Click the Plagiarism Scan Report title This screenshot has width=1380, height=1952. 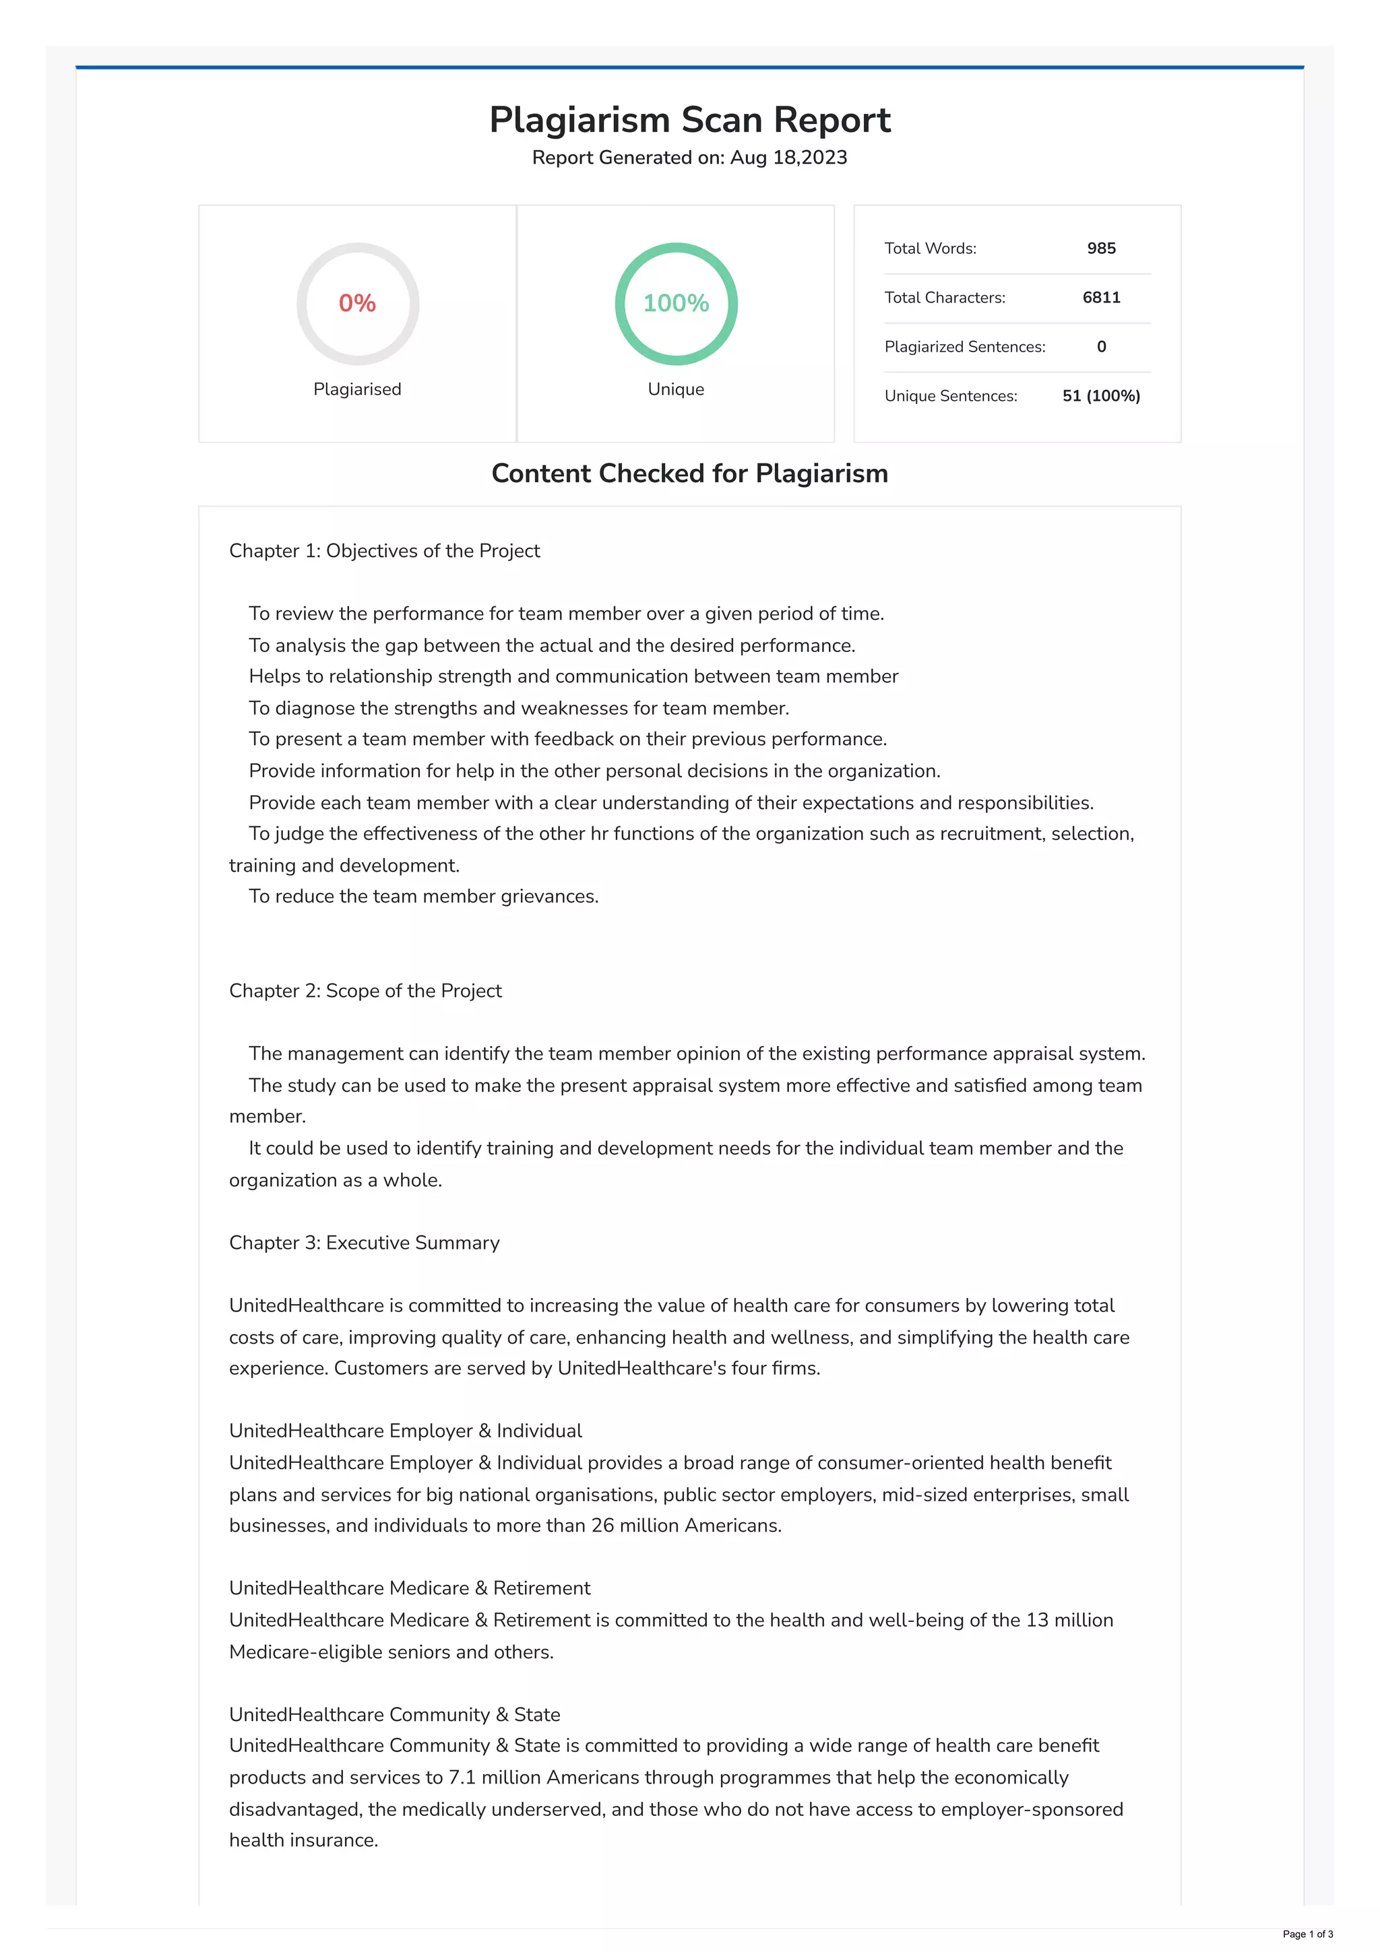(689, 120)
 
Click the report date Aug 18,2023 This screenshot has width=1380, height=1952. (788, 158)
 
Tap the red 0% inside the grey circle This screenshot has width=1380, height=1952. (357, 304)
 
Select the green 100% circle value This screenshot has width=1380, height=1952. (676, 304)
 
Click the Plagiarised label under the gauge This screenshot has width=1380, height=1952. (357, 389)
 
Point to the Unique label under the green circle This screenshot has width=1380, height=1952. (676, 389)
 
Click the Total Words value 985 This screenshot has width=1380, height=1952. (1101, 249)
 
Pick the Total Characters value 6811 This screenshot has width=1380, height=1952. (1101, 298)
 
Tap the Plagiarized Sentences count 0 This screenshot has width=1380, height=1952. (1101, 347)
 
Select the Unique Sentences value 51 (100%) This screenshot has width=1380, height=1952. (1101, 396)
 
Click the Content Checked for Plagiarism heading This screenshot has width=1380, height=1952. (689, 474)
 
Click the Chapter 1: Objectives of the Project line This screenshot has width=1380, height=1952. (384, 551)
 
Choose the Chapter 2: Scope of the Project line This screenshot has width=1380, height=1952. (366, 991)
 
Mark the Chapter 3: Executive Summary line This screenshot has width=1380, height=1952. (364, 1243)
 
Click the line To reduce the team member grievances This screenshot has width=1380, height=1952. (423, 897)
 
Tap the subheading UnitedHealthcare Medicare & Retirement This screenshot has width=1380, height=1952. (410, 1588)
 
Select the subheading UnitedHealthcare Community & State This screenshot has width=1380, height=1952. (395, 1715)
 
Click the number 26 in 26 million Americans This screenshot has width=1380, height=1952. (602, 1526)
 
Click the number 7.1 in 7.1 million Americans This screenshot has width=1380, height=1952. (462, 1778)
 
